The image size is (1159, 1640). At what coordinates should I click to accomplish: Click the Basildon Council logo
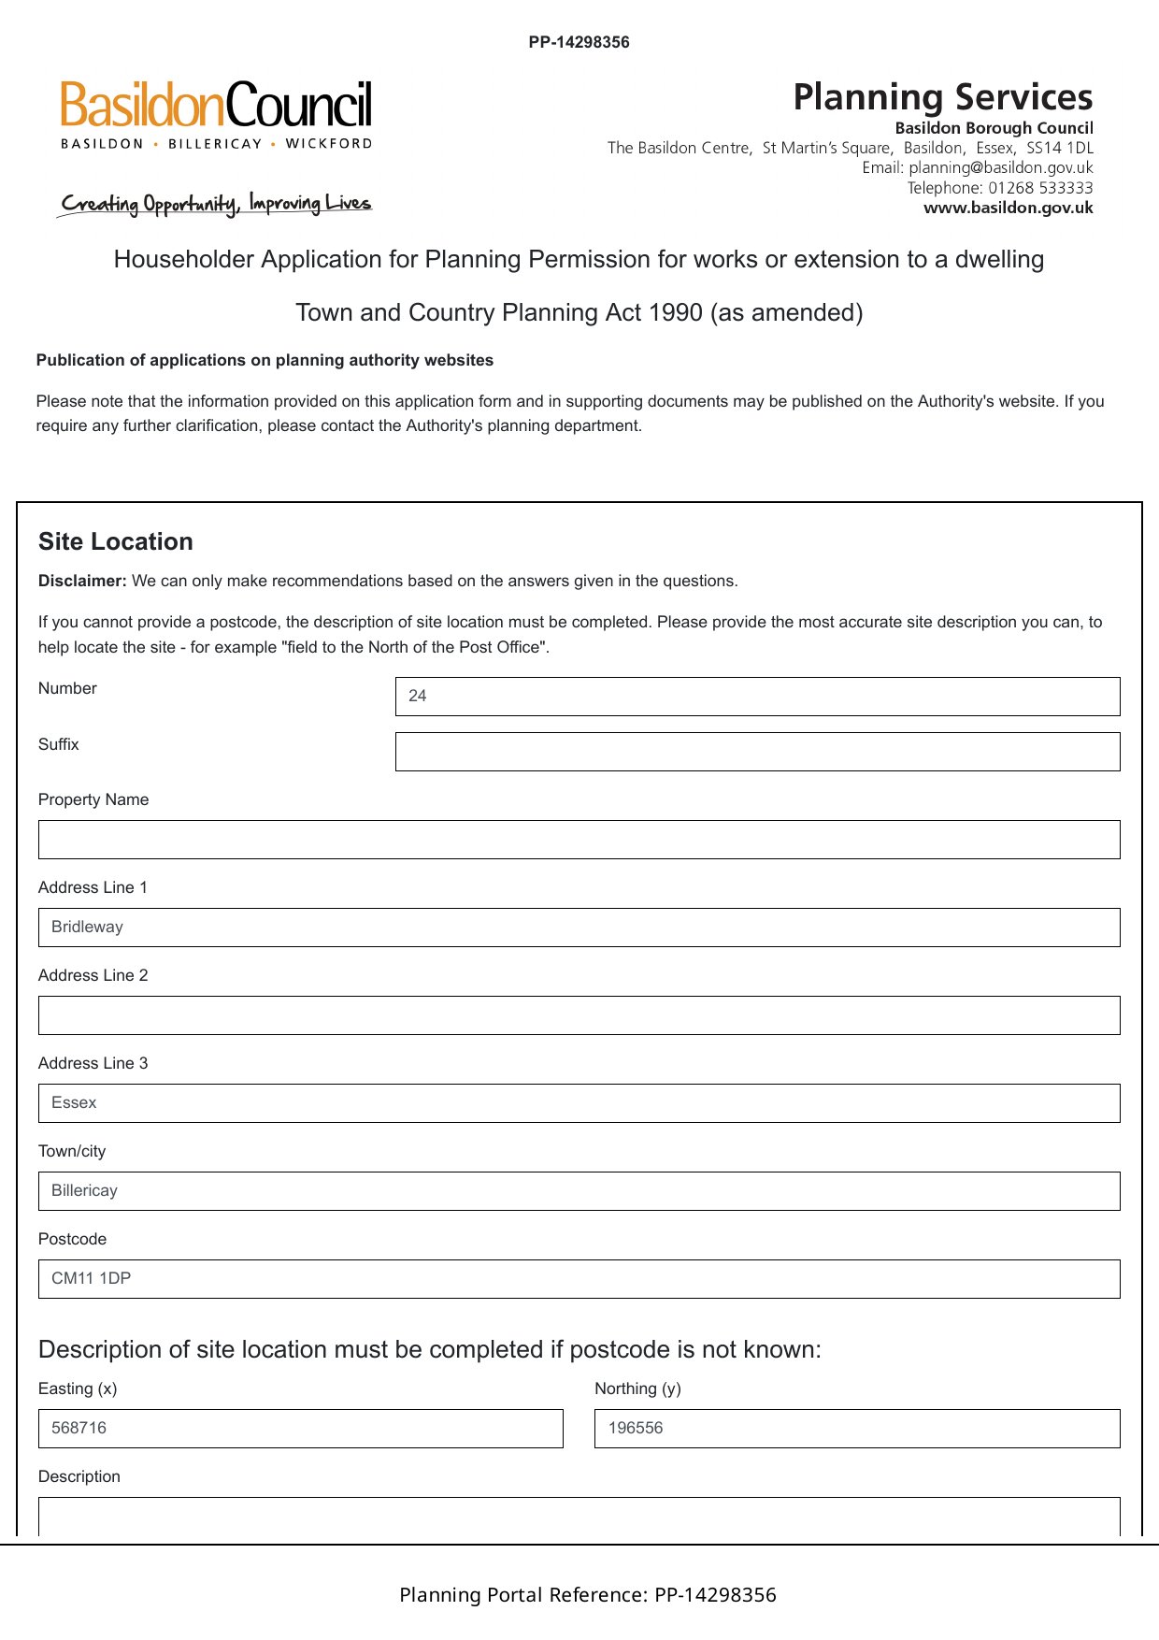click(x=216, y=114)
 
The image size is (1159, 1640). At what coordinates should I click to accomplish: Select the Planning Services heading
click(x=942, y=97)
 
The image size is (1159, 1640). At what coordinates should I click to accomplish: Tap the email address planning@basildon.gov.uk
click(x=1000, y=168)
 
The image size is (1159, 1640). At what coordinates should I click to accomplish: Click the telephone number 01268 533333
click(x=1040, y=188)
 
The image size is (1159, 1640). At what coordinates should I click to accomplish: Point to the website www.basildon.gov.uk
click(x=1008, y=208)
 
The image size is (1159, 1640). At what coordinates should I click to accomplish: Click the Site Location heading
click(x=116, y=541)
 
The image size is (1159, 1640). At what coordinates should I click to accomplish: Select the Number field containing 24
click(x=757, y=697)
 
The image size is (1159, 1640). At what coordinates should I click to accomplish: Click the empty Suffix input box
click(x=757, y=752)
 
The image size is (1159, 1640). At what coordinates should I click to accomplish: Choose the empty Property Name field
click(x=579, y=840)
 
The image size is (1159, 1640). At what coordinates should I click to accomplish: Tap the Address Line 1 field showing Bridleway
click(x=579, y=928)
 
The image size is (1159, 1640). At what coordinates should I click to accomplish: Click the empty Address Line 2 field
click(x=579, y=1015)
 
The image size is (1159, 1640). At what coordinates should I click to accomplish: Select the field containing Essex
click(x=579, y=1103)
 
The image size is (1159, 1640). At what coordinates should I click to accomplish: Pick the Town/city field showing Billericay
click(x=579, y=1191)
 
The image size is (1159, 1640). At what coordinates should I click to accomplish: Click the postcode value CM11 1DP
click(x=92, y=1278)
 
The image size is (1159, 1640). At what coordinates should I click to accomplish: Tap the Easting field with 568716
click(x=300, y=1429)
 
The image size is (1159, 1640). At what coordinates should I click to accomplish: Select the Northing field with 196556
click(x=856, y=1429)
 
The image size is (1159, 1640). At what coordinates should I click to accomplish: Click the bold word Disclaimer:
click(x=82, y=581)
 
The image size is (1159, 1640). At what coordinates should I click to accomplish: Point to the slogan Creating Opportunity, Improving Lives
click(x=216, y=204)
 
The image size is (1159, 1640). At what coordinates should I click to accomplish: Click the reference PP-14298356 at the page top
click(x=579, y=42)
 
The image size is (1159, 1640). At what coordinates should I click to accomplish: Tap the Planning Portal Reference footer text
click(x=587, y=1595)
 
